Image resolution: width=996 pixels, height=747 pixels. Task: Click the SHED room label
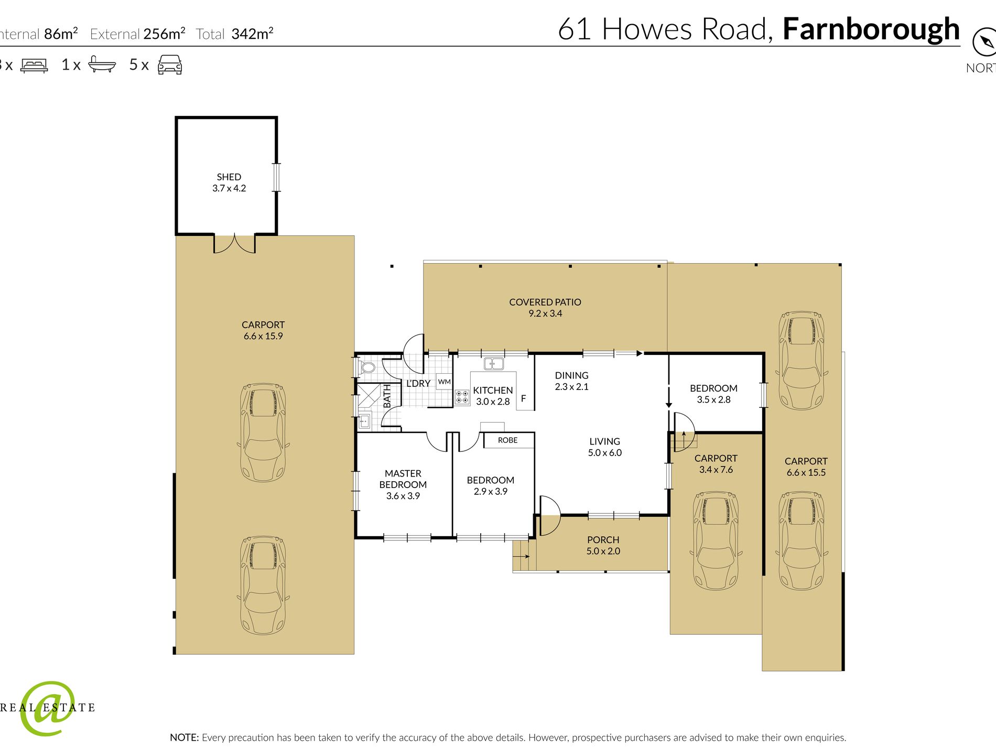pos(229,177)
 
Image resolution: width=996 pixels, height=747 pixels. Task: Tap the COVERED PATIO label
pos(545,302)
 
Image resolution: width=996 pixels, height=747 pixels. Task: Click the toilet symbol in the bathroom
pos(367,367)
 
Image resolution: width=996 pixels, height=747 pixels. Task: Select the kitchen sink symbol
pos(493,363)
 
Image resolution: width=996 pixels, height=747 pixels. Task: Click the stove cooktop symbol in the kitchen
pos(462,397)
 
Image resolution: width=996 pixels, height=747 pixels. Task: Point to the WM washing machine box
pos(444,382)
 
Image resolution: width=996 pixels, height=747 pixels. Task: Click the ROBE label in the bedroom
pos(507,440)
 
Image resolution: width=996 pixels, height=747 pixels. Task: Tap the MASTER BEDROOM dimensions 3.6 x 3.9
pos(403,496)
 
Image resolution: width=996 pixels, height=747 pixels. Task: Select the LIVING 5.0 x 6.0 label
pos(604,447)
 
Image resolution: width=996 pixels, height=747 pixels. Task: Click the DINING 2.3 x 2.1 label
pos(571,381)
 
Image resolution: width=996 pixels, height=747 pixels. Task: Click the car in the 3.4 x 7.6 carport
pos(716,540)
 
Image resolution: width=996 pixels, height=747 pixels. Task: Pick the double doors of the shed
pos(234,244)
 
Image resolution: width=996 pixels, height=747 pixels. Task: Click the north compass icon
pos(984,42)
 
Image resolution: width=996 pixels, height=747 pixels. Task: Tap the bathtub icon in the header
pos(102,64)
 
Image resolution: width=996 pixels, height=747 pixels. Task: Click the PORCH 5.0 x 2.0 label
pos(603,545)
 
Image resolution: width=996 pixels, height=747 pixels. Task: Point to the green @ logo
pos(47,708)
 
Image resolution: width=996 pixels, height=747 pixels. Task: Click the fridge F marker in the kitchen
pos(523,398)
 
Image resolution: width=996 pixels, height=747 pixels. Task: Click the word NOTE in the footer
pos(184,738)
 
